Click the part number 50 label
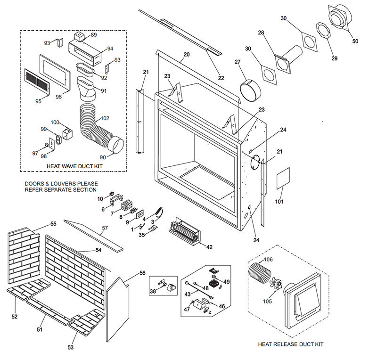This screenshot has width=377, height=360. tap(355, 41)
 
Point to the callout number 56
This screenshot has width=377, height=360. tap(142, 273)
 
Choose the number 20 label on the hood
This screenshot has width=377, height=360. tap(187, 55)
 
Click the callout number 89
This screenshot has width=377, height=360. tap(94, 35)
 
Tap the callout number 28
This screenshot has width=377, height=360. tap(261, 33)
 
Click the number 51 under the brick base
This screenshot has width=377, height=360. tap(40, 329)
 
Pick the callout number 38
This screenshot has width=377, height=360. tap(152, 292)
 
